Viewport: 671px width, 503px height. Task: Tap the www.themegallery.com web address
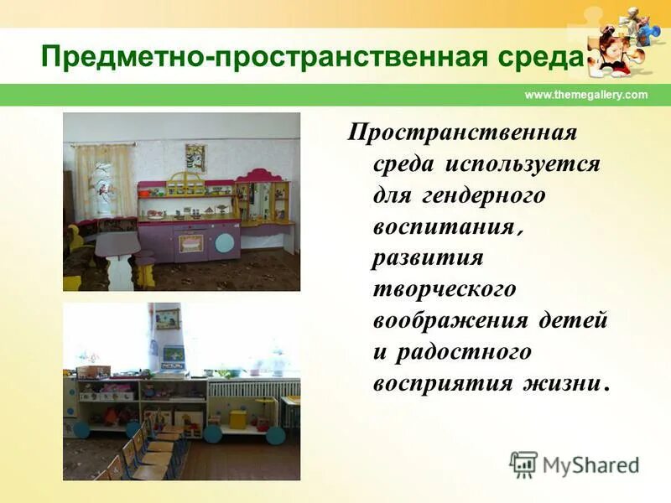(585, 95)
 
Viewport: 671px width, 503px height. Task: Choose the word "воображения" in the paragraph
(450, 320)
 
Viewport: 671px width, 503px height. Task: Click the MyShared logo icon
(523, 464)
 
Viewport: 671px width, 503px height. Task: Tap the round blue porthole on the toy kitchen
(226, 243)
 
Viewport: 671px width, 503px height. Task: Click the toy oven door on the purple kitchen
(191, 243)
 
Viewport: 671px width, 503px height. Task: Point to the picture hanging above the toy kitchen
(195, 157)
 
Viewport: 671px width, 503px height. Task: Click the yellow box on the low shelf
(238, 418)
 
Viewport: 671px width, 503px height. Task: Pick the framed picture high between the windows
(167, 319)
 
